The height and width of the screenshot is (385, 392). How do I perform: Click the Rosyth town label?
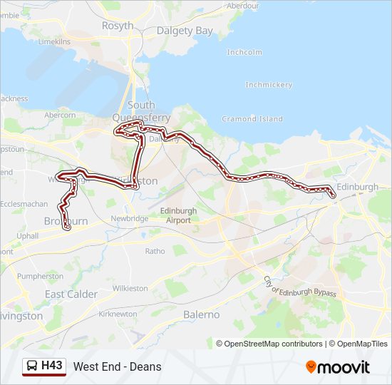pyautogui.click(x=118, y=26)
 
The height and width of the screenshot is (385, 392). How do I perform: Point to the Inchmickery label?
pyautogui.click(x=269, y=85)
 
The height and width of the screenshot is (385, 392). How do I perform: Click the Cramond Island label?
pyautogui.click(x=252, y=118)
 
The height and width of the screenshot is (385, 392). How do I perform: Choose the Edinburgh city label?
pyautogui.click(x=357, y=187)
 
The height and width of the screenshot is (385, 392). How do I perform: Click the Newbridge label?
pyautogui.click(x=129, y=218)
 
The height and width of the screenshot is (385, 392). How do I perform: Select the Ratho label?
pyautogui.click(x=155, y=251)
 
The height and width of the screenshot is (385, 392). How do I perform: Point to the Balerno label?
pyautogui.click(x=202, y=314)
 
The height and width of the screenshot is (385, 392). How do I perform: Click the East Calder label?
pyautogui.click(x=71, y=294)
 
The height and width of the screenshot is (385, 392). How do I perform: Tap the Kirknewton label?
pyautogui.click(x=118, y=314)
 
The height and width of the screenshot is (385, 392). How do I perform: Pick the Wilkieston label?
pyautogui.click(x=130, y=288)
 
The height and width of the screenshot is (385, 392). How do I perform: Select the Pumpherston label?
pyautogui.click(x=40, y=276)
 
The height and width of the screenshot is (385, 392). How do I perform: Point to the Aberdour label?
pyautogui.click(x=244, y=5)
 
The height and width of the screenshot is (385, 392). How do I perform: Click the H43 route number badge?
pyautogui.click(x=51, y=366)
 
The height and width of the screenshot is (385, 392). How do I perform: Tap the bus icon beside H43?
pyautogui.click(x=33, y=366)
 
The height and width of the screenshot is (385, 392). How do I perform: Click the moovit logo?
pyautogui.click(x=338, y=367)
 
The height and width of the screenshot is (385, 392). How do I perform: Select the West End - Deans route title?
pyautogui.click(x=117, y=367)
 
